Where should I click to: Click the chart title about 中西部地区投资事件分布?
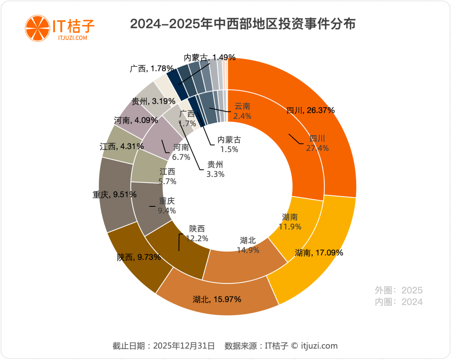[243, 24]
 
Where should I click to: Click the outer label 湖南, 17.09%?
[319, 253]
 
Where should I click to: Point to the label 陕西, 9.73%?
[139, 257]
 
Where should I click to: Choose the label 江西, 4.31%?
[122, 147]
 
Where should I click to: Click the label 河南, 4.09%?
[136, 121]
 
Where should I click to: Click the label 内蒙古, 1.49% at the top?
[210, 57]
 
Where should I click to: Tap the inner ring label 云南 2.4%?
[242, 111]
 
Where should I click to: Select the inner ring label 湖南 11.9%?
[290, 222]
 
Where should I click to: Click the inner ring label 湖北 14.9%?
[248, 245]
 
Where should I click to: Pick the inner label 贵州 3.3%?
[215, 169]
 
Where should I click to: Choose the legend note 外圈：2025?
[398, 290]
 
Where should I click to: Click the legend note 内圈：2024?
[398, 302]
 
